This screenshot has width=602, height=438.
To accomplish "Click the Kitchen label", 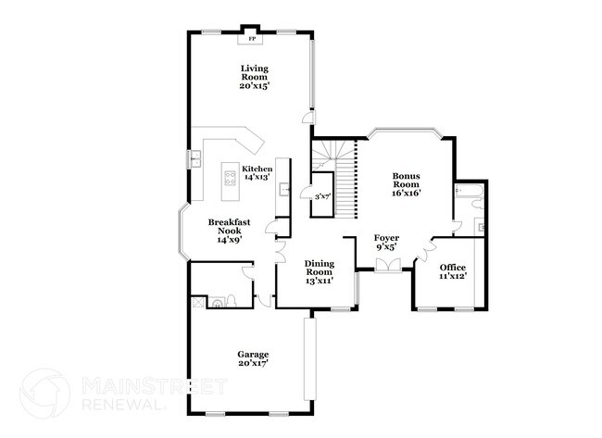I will tap(257, 169).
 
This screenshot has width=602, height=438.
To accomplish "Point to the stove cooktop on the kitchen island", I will tap(229, 175).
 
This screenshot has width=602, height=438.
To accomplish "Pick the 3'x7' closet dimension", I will tap(322, 197).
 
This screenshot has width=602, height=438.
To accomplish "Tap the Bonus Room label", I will tap(407, 180).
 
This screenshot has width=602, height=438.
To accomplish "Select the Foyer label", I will tap(386, 238).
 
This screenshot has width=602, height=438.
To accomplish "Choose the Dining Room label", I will tap(319, 268).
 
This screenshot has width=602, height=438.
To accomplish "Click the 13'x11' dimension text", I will tap(319, 281).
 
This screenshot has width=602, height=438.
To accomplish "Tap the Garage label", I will tap(252, 355).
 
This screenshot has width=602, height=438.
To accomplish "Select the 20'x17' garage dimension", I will tap(252, 364).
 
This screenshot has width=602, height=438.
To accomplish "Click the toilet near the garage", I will tap(217, 301).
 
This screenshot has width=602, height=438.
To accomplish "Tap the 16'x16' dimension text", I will tap(407, 194).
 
